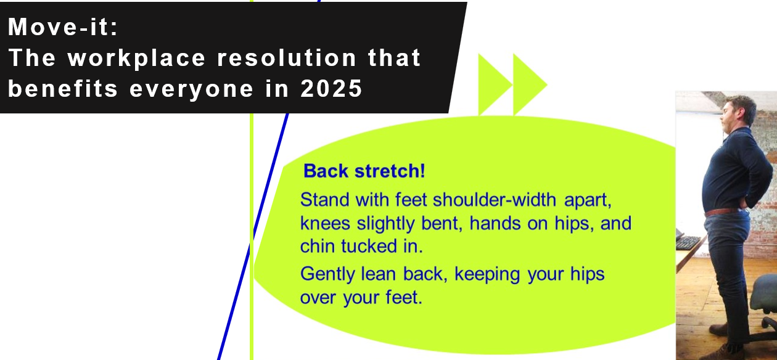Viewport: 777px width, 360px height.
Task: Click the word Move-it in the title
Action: (60, 27)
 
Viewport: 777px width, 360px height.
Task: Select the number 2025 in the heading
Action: (331, 88)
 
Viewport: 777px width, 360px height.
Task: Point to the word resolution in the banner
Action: (287, 57)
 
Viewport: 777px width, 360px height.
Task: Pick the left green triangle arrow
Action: (492, 84)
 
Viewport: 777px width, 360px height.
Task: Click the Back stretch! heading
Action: (364, 171)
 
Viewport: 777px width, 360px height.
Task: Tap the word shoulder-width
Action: (495, 200)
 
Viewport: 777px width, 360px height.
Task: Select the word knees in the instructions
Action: (325, 223)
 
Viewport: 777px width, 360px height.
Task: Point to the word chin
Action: (317, 246)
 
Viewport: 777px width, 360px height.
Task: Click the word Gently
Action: (328, 274)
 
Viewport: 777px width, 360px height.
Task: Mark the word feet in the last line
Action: (404, 297)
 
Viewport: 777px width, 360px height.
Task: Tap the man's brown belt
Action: (722, 211)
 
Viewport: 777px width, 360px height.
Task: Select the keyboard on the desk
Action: (688, 242)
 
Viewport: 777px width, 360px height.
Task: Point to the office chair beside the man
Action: (763, 305)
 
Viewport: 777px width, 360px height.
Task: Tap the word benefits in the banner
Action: (63, 88)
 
